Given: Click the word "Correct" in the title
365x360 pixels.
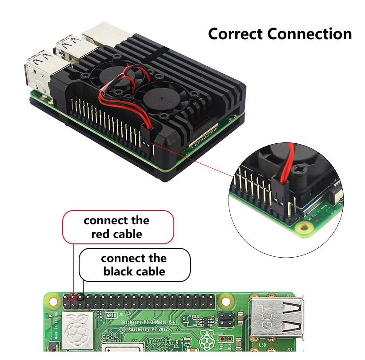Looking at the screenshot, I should [236, 34].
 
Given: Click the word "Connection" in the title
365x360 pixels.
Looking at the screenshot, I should [310, 34].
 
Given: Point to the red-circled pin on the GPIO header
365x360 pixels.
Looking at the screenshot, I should [72, 296].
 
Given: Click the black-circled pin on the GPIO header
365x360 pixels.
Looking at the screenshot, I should [80, 296].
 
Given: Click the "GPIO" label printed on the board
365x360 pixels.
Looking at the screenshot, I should [111, 315].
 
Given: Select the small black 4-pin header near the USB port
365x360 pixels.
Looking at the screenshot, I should [226, 319].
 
